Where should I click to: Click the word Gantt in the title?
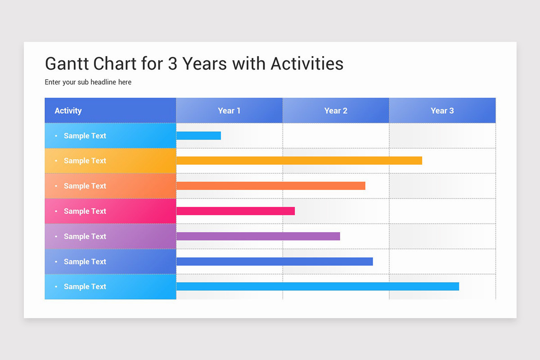[67, 63]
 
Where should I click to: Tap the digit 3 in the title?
[173, 63]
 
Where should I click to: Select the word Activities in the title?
[307, 63]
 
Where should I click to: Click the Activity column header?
[68, 111]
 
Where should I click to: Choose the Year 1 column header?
[229, 111]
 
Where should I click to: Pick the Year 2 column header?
[336, 111]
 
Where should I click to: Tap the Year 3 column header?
[442, 111]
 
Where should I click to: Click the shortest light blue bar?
[198, 135]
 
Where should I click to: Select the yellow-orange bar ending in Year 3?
[299, 161]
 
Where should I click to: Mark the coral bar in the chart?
[270, 186]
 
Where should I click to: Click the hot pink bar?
[235, 211]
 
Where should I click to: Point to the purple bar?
[258, 236]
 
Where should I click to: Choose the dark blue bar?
[274, 261]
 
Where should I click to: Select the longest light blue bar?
[317, 287]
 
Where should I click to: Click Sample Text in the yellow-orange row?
[85, 161]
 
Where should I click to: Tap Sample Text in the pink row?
[85, 211]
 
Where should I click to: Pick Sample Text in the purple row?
[85, 236]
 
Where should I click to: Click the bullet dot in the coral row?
[56, 186]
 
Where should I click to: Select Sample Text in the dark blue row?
[85, 261]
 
